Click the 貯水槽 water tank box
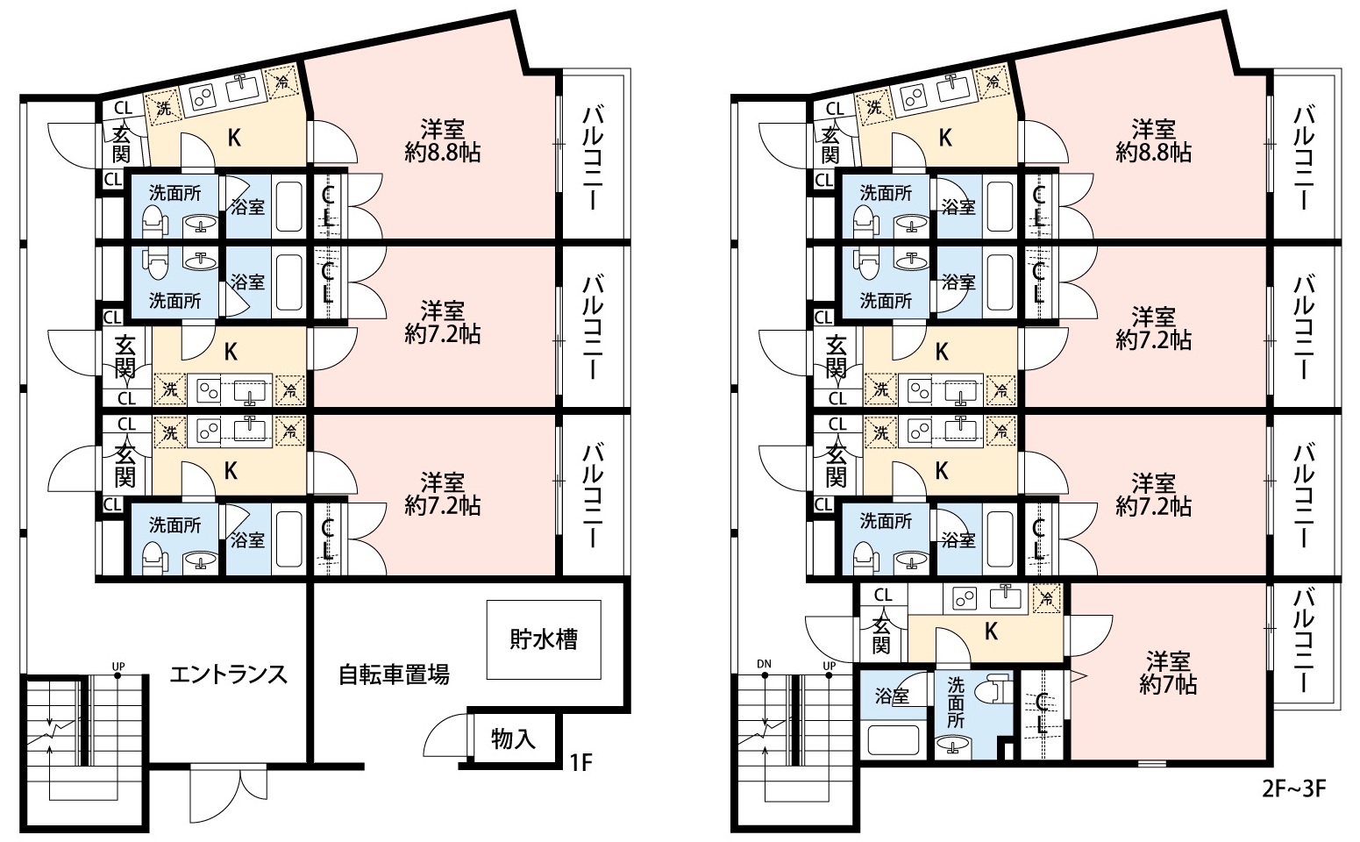pos(544,639)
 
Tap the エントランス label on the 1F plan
pos(228,675)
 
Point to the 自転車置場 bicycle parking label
pos(394,675)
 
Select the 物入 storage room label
pos(513,739)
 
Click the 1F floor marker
pos(580,762)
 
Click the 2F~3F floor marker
pos(1294,788)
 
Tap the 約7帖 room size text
pos(1168,685)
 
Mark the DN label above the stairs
pos(764,664)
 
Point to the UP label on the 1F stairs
pos(118,667)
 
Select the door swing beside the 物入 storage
pos(445,736)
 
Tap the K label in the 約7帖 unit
pos(991,631)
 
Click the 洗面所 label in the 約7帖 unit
pos(955,703)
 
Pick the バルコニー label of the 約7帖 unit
pos(1303,641)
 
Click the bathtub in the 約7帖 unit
pos(893,740)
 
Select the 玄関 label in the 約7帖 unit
pos(881,635)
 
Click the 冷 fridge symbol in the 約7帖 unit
pos(1047,598)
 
